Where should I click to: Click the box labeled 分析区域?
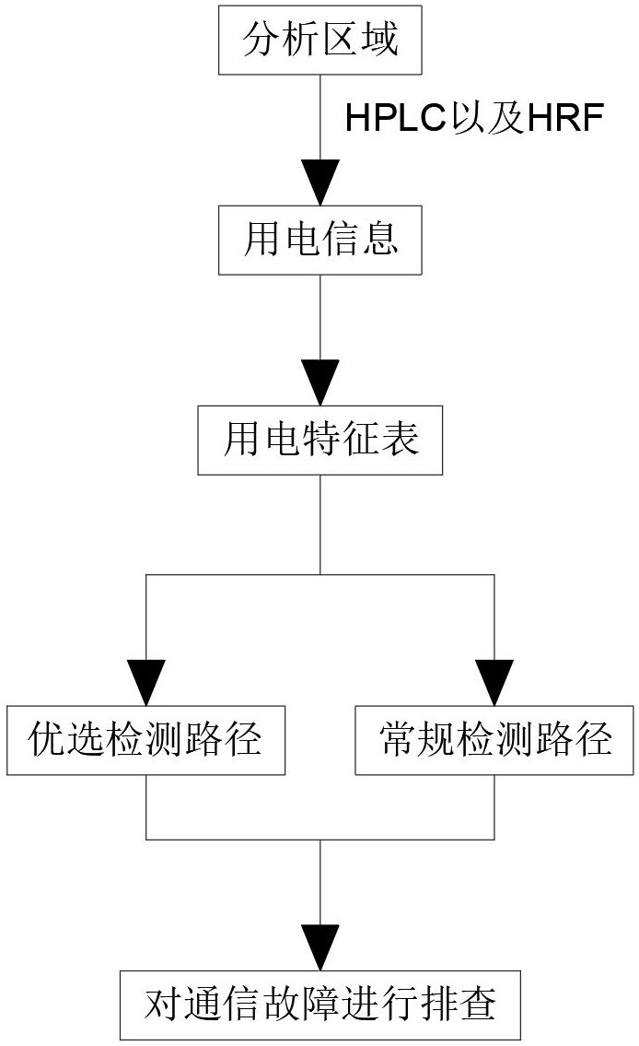point(319,41)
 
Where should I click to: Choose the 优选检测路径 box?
point(145,739)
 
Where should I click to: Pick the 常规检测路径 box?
point(495,739)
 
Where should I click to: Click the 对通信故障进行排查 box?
point(319,1004)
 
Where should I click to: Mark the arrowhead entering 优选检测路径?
point(145,683)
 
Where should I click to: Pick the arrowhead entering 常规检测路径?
point(495,683)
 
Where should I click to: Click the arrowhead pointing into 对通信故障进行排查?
point(319,946)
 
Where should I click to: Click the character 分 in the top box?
point(261,41)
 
